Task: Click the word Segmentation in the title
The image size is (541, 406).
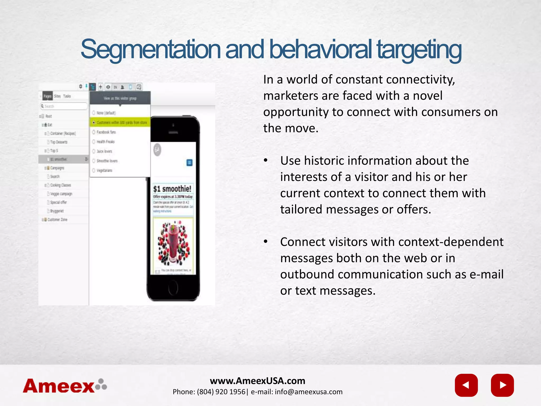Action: (x=150, y=50)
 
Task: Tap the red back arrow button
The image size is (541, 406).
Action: (x=466, y=385)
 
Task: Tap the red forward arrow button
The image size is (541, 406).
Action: (x=502, y=385)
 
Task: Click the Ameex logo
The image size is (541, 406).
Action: (x=65, y=386)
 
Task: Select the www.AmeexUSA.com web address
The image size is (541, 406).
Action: (x=258, y=381)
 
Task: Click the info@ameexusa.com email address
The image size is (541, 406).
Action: (x=309, y=392)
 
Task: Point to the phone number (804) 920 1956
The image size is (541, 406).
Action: (x=221, y=392)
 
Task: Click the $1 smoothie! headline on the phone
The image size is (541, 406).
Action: (x=172, y=189)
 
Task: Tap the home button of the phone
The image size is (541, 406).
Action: (x=173, y=286)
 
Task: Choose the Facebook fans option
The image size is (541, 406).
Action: (x=106, y=132)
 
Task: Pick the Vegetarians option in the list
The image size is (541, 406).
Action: (x=104, y=170)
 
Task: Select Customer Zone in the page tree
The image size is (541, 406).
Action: (x=57, y=220)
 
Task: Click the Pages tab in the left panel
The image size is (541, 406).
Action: (x=48, y=96)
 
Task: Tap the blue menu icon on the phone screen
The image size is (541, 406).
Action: (x=189, y=163)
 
